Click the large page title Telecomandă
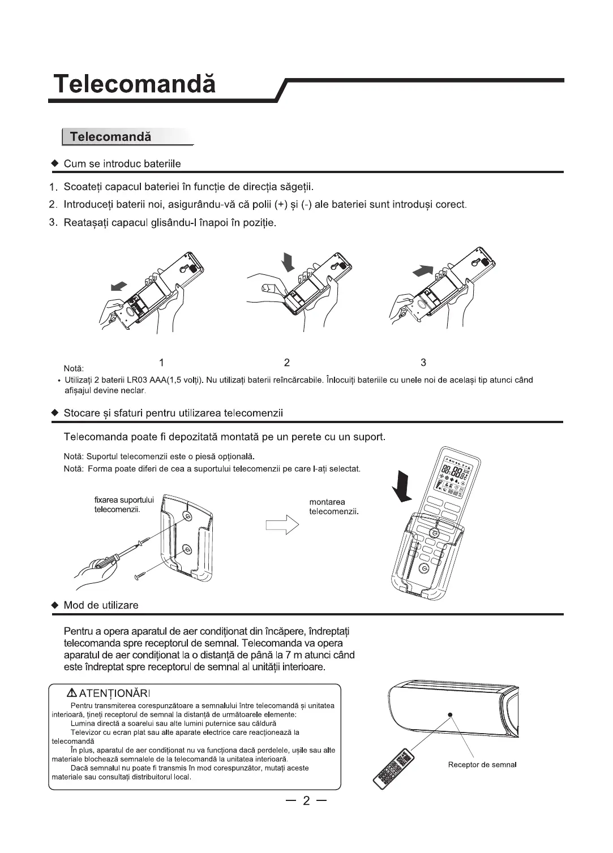click(x=135, y=85)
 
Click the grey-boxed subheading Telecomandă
click(x=110, y=137)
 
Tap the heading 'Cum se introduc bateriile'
click(x=122, y=164)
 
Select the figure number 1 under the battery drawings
click(x=162, y=362)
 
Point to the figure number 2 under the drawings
click(x=287, y=362)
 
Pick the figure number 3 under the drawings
click(x=423, y=362)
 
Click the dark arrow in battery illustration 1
click(x=119, y=287)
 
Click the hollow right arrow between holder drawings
click(x=282, y=524)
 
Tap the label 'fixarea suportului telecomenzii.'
click(x=124, y=505)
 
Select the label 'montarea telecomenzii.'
click(x=334, y=506)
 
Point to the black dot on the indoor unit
click(x=451, y=714)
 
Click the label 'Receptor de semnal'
click(x=482, y=765)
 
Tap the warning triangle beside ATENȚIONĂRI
click(x=71, y=693)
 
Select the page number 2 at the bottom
click(x=306, y=800)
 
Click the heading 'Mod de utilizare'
click(x=101, y=605)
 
